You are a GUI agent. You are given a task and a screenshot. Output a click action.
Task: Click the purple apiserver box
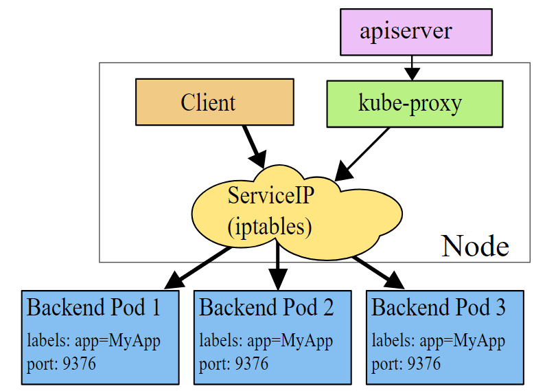[416, 32]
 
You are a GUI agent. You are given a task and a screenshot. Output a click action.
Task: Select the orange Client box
[214, 102]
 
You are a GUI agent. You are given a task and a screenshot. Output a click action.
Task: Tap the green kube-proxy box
[415, 103]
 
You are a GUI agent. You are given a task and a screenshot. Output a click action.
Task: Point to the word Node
[475, 245]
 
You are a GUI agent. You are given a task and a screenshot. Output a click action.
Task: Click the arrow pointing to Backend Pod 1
[198, 267]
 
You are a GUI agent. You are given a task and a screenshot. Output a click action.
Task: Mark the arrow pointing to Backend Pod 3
[378, 271]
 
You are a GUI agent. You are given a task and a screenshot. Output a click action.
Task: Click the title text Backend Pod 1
[93, 307]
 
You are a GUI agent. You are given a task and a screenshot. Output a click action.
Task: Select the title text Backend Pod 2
[266, 307]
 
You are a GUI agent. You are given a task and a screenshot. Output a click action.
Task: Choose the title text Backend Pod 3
[439, 307]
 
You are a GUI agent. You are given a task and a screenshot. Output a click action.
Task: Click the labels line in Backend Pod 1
[93, 340]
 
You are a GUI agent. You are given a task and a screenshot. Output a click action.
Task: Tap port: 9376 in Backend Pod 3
[406, 363]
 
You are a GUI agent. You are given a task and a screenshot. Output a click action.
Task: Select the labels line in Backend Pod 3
[439, 340]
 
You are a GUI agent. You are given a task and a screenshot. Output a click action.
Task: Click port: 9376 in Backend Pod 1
[61, 363]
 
